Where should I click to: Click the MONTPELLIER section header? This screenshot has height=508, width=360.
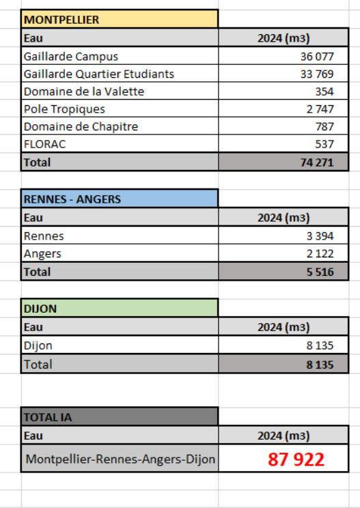tap(61, 20)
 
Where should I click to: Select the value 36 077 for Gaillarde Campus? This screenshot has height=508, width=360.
tap(316, 56)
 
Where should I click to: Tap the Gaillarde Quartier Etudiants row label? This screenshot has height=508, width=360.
tap(98, 74)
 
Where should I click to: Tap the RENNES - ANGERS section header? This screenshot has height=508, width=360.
tap(72, 199)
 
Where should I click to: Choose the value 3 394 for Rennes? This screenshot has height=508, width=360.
tap(319, 236)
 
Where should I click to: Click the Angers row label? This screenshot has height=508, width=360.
tap(42, 253)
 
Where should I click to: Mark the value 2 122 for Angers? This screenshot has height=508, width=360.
tap(319, 253)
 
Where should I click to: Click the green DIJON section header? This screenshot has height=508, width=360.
tap(40, 309)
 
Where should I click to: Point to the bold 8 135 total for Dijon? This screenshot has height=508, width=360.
tap(319, 365)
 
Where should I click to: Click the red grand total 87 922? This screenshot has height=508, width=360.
tap(296, 460)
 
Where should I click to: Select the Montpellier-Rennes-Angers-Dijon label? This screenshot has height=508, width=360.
tap(120, 460)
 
